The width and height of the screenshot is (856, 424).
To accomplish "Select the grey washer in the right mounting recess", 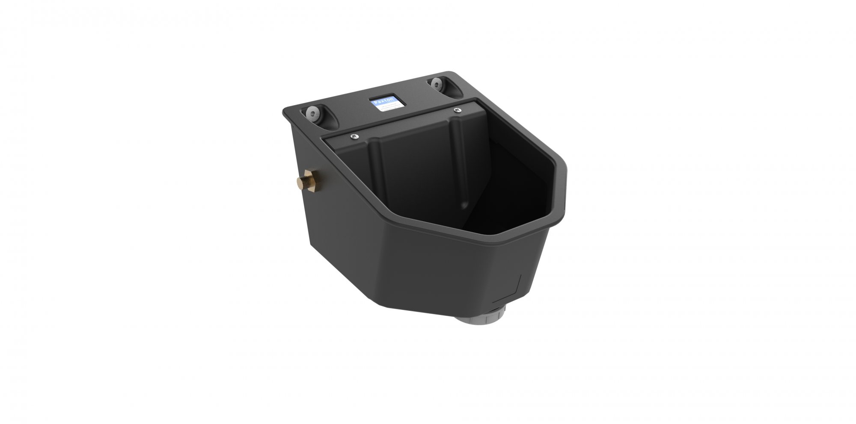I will click(x=437, y=83).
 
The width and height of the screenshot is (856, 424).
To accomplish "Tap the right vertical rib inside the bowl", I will click(x=460, y=162).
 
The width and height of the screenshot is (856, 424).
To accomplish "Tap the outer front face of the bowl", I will click(x=462, y=274).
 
